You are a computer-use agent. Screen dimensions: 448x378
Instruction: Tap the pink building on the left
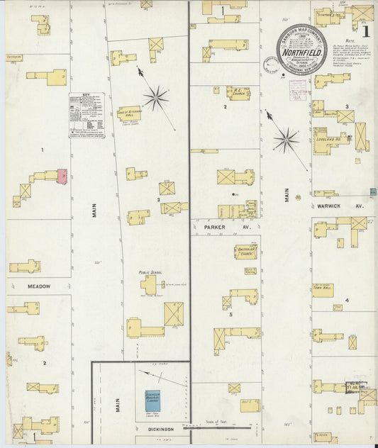(62, 174)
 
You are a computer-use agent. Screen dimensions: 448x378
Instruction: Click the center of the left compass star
(155, 97)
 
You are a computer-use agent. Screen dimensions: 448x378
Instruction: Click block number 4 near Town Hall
(347, 301)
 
